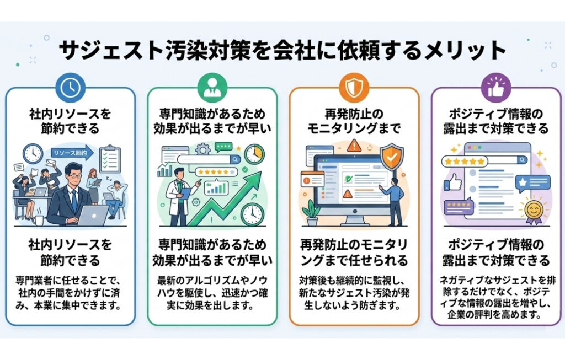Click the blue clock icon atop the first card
coord(70,87)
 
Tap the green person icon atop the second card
coord(212,87)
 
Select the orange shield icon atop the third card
coord(353,87)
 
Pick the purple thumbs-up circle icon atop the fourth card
coord(495,87)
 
